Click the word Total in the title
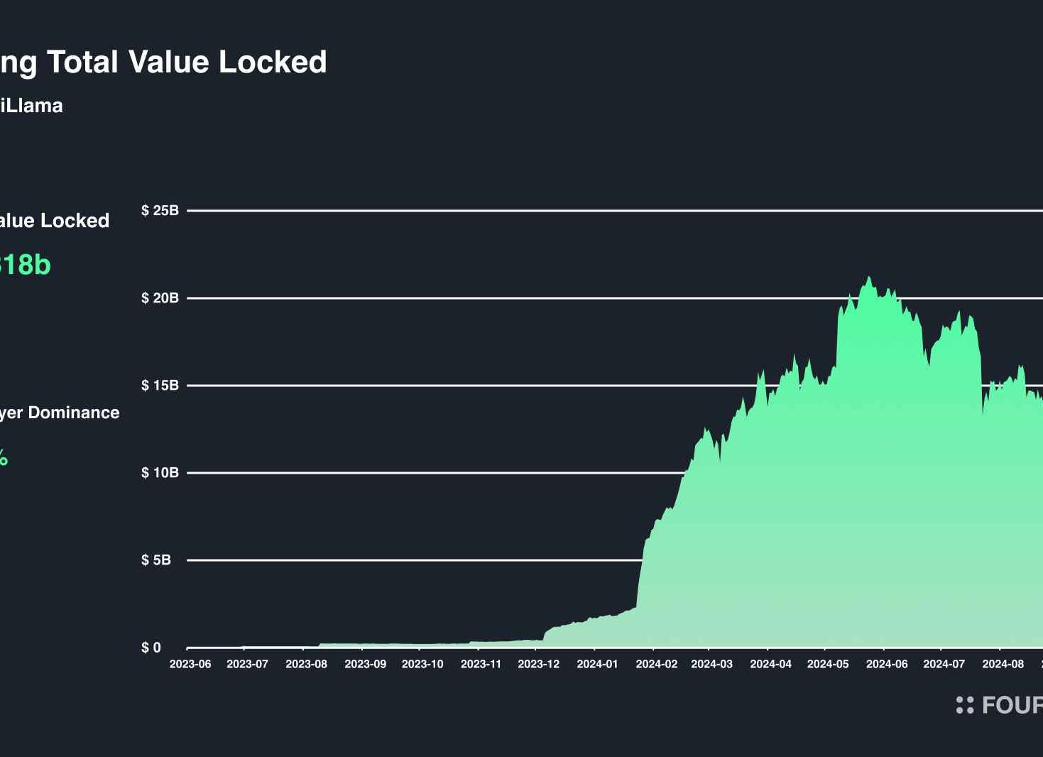83,62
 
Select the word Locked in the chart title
273,62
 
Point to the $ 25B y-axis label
160,210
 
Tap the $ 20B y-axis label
160,298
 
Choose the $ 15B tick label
160,385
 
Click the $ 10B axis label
160,472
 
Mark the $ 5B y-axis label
156,560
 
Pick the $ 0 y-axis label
151,647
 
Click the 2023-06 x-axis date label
190,664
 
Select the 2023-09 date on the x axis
365,664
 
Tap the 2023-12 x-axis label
538,664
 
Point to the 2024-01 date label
597,664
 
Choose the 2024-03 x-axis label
711,664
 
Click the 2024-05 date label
828,664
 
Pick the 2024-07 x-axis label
944,664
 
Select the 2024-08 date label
1003,664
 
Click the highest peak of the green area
868,278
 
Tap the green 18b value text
28,265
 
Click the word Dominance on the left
74,413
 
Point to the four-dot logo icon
965,704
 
